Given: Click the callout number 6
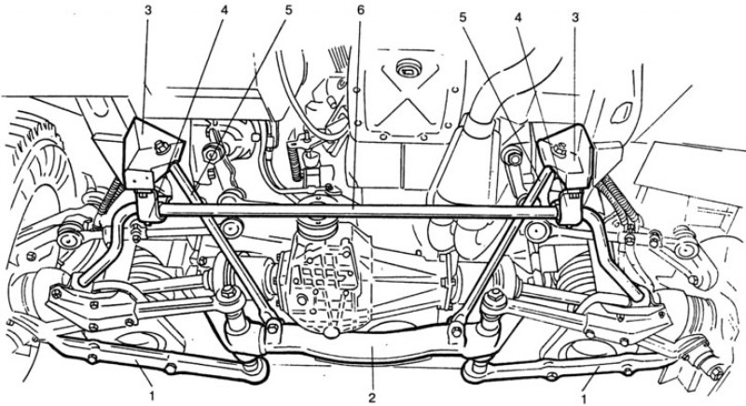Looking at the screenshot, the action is (361, 9).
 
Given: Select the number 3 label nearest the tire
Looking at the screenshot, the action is (148, 9).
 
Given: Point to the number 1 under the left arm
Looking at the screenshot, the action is (153, 396).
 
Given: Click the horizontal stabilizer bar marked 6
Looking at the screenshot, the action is (357, 210).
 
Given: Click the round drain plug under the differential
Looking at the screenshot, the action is (330, 331).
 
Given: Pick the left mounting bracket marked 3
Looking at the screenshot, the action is (151, 151).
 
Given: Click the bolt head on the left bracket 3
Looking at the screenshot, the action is (161, 147).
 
